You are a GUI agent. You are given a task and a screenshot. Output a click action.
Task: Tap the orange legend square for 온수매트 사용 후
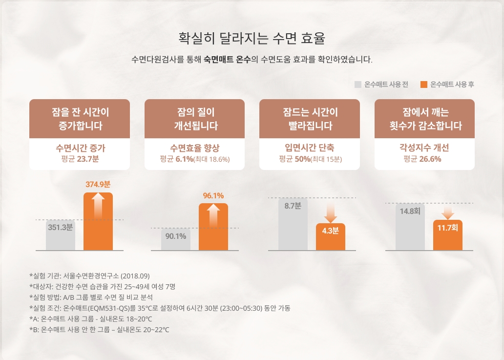[x=424, y=84]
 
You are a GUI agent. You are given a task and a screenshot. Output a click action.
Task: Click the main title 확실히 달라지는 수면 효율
[x=252, y=38]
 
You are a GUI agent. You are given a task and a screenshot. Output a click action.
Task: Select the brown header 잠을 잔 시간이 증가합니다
[x=80, y=119]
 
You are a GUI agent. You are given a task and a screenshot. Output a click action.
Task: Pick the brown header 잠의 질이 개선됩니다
[x=195, y=119]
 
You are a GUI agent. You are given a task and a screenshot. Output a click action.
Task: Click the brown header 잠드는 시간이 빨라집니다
[x=310, y=119]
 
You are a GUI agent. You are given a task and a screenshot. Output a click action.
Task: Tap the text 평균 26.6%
[x=424, y=159]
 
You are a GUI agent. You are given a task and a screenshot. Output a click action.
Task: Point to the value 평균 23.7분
[x=80, y=159]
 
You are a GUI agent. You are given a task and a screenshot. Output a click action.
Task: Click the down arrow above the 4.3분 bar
[x=331, y=212]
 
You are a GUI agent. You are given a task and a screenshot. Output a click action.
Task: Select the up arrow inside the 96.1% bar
[x=213, y=213]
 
